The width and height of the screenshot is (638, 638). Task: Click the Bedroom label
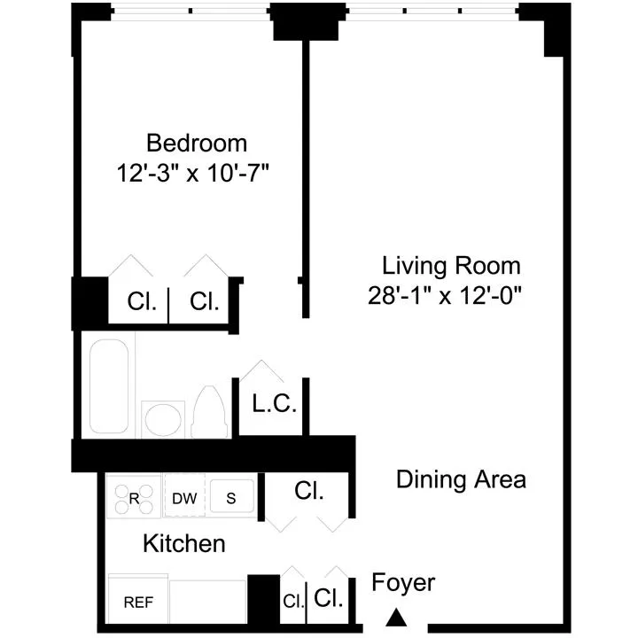(x=197, y=143)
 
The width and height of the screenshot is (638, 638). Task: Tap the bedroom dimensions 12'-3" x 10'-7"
(x=192, y=172)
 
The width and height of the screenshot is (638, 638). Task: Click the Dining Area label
(x=461, y=479)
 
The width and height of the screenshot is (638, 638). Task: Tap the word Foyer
(x=403, y=582)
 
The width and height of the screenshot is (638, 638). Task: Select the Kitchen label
(x=184, y=543)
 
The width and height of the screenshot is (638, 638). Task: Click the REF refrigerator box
(x=137, y=603)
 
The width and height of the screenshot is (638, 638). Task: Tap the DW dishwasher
(x=184, y=498)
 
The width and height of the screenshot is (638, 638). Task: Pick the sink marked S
(x=231, y=498)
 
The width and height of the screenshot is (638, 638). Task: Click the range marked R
(x=134, y=497)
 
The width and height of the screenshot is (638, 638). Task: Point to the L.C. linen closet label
(x=274, y=405)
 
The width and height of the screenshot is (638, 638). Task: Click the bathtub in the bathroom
(x=110, y=387)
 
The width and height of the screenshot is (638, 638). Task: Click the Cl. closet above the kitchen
(x=309, y=490)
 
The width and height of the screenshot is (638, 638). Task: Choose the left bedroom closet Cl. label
(x=142, y=301)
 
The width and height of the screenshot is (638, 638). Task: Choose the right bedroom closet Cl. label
(x=205, y=301)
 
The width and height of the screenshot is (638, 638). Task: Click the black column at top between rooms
(x=296, y=22)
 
